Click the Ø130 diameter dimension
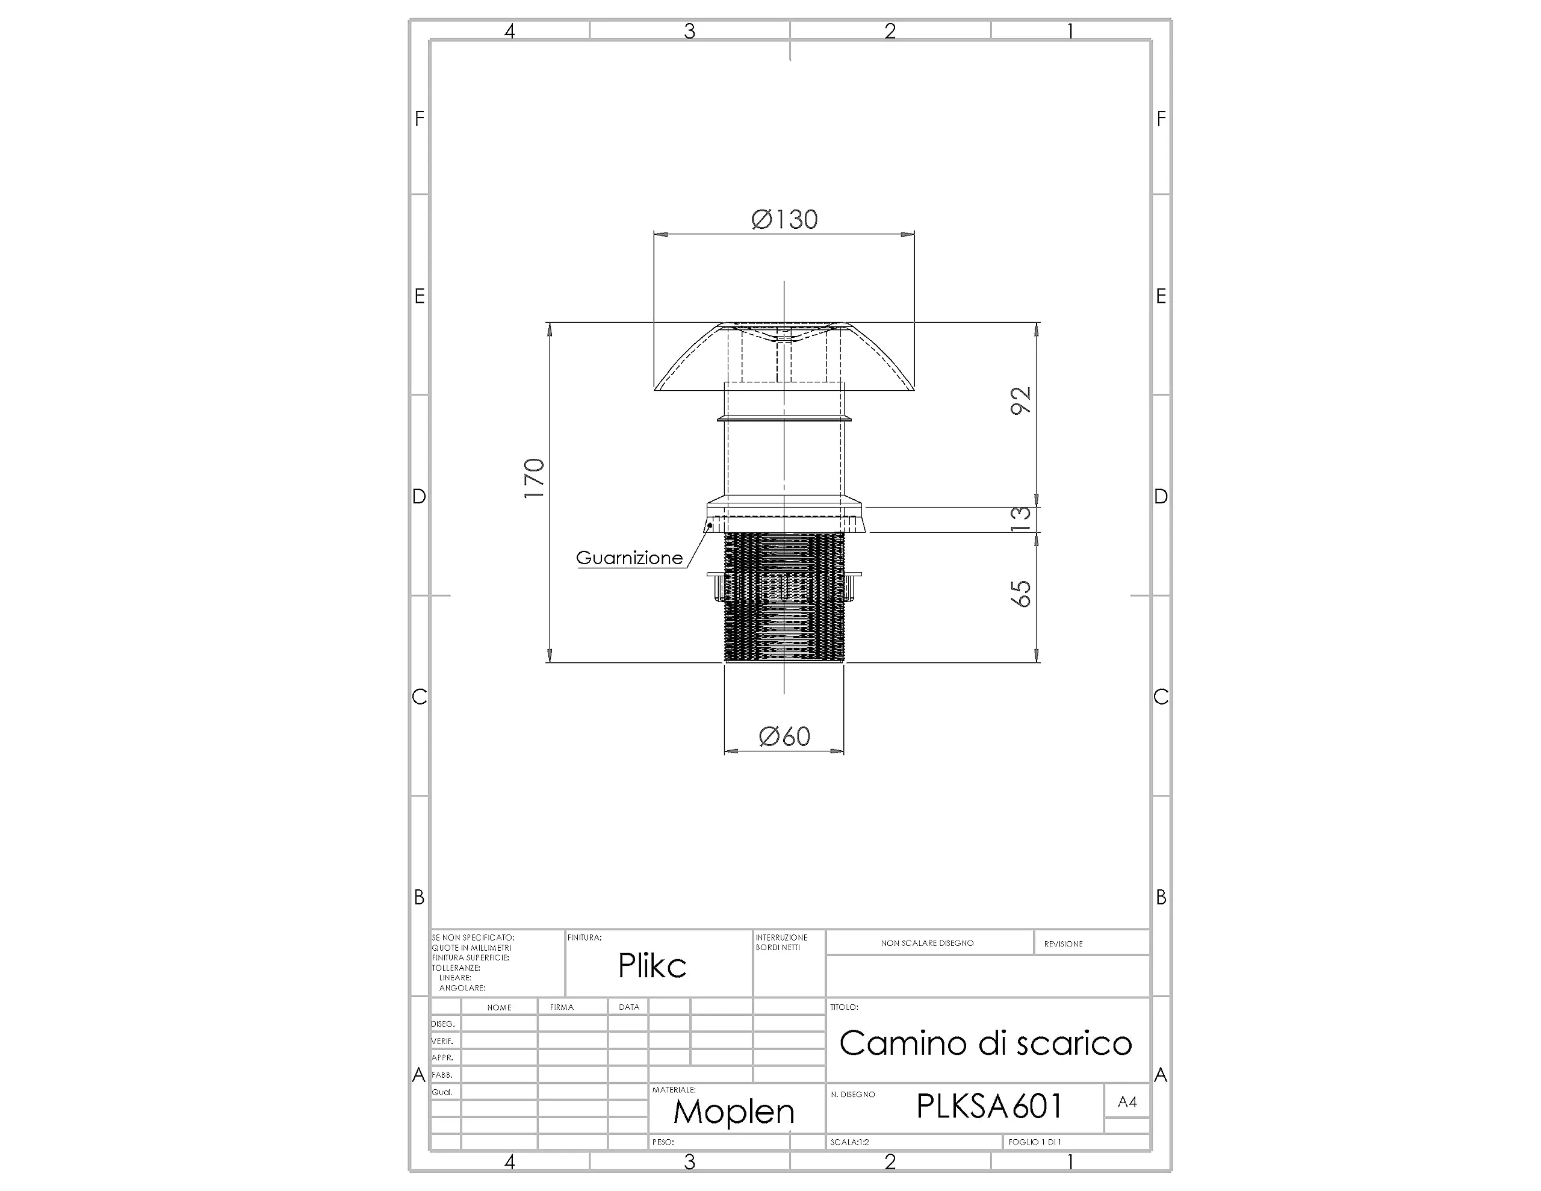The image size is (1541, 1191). coord(784,220)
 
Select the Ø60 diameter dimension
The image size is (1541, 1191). coord(784,737)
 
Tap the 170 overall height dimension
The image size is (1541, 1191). coord(534,478)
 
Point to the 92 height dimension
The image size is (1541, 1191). coord(1020,400)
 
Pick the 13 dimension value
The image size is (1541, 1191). coord(1020,519)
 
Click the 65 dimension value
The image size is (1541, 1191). coord(1020,593)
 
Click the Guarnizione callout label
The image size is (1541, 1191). coord(630,558)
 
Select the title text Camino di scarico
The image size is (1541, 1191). coord(986,1043)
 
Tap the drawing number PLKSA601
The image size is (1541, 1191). coord(989,1106)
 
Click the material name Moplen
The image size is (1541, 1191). coord(734,1112)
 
